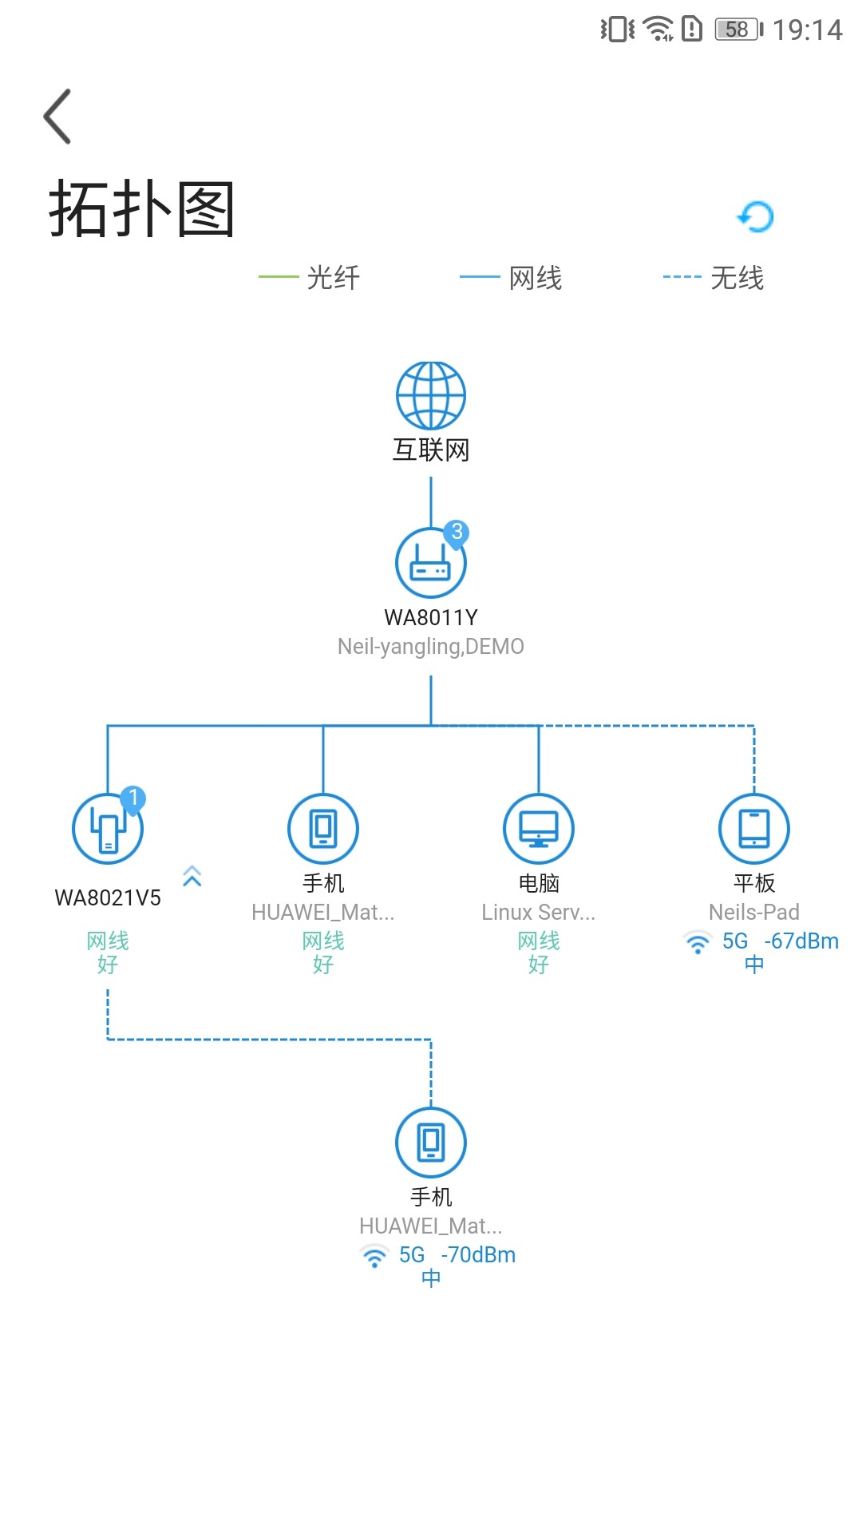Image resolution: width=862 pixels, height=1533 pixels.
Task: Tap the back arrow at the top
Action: [57, 117]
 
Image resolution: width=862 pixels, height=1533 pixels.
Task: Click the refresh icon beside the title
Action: [755, 216]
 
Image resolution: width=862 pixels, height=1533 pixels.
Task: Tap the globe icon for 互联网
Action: [431, 395]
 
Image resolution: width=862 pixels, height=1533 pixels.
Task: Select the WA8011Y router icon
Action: [431, 563]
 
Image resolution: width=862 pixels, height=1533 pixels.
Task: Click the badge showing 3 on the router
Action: [457, 533]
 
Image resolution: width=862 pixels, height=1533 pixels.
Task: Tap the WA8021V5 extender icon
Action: [108, 829]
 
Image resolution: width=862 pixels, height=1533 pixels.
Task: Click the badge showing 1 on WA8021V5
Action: [133, 798]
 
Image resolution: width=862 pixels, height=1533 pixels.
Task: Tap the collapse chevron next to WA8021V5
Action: [192, 876]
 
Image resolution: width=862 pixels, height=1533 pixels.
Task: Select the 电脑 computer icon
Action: [539, 829]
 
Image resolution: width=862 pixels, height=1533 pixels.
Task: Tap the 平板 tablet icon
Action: [754, 829]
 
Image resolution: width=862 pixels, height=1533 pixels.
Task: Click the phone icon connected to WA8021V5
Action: [431, 1143]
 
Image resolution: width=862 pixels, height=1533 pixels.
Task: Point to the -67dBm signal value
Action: [801, 941]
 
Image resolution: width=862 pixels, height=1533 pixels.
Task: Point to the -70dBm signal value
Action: [478, 1255]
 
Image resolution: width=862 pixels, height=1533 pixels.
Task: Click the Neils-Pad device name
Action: [754, 912]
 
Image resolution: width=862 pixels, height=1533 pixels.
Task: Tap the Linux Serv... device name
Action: [539, 912]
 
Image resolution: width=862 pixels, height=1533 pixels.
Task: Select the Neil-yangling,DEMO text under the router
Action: [431, 647]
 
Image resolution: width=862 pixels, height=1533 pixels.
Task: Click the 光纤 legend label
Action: [334, 278]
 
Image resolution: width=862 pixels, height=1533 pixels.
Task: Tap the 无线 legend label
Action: [737, 278]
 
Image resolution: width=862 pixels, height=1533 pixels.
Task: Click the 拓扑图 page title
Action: [141, 209]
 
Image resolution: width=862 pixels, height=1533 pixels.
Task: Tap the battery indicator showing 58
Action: [739, 30]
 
